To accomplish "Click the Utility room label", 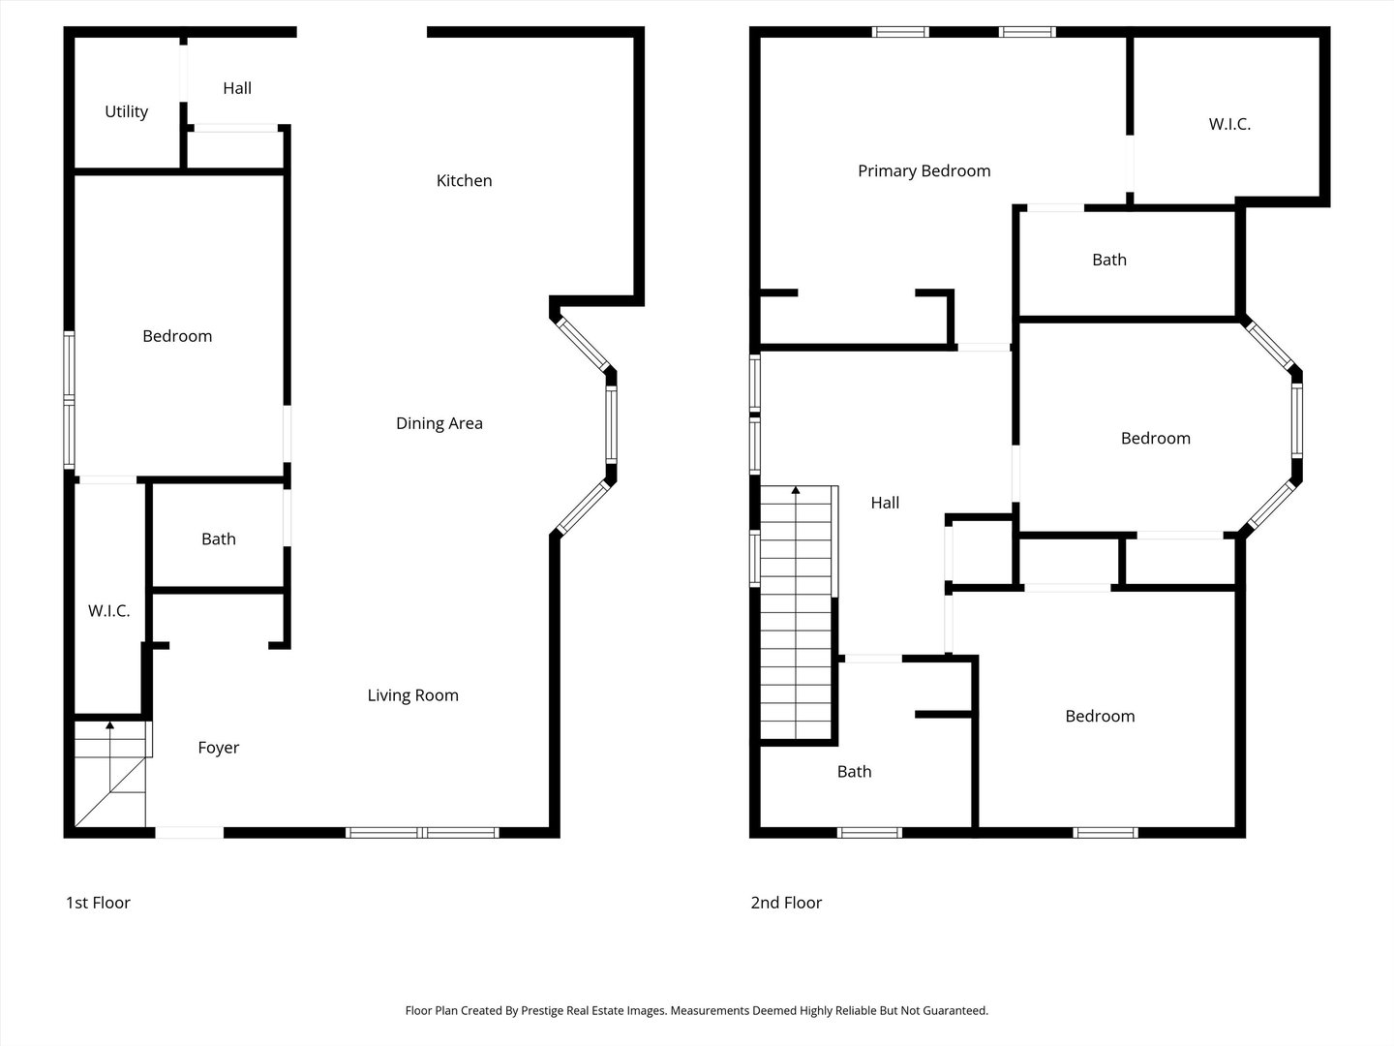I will [126, 112].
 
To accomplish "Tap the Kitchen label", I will [464, 181].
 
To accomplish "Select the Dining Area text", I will [439, 423].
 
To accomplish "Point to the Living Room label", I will [412, 695].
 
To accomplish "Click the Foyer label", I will [218, 748].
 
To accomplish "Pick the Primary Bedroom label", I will [924, 171].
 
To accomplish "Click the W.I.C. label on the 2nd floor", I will [1229, 125].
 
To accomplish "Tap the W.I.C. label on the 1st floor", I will [108, 611].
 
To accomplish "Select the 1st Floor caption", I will [98, 903].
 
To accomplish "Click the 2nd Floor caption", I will [786, 903].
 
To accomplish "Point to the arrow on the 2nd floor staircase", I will [796, 491].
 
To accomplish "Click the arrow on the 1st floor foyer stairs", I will [109, 724].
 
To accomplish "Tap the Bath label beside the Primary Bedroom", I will [1108, 260].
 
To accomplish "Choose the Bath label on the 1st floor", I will [218, 539].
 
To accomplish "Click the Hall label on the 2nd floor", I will [885, 503].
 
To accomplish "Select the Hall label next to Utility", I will [237, 89].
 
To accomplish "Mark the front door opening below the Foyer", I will [189, 832].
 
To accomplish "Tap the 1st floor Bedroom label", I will [177, 336].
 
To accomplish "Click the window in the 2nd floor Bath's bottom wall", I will [869, 832].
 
